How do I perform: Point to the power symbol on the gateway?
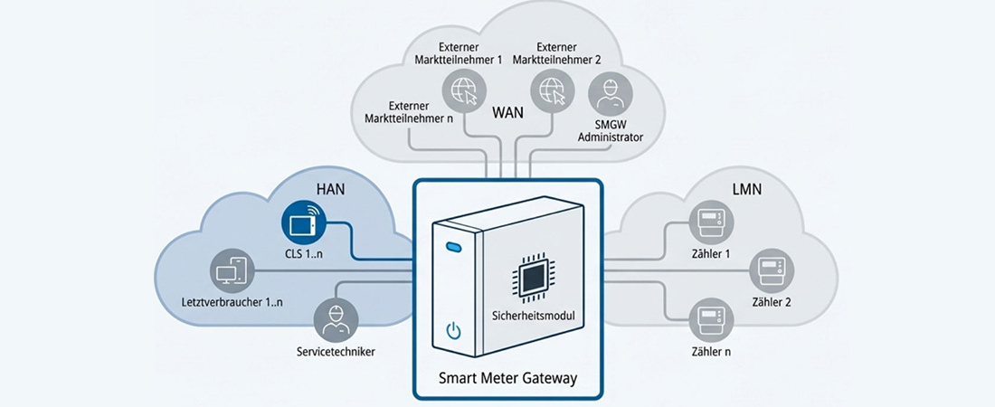(454, 330)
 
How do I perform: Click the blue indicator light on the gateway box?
(453, 246)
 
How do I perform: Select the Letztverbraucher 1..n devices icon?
(231, 271)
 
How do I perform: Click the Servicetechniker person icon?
(336, 320)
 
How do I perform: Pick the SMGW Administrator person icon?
(610, 94)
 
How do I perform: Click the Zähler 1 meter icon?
(711, 222)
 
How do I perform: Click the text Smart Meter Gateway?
(507, 378)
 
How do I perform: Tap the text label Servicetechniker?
(336, 351)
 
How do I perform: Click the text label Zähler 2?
(772, 301)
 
